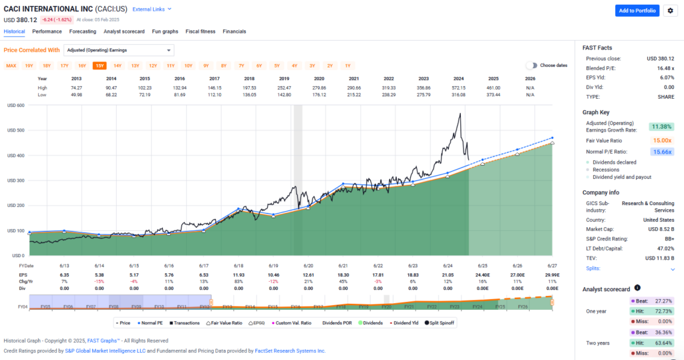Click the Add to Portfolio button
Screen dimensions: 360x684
pyautogui.click(x=637, y=10)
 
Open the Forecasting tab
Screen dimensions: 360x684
pyautogui.click(x=83, y=31)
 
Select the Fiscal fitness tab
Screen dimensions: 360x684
pyautogui.click(x=200, y=31)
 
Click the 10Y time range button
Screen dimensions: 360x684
pyautogui.click(x=188, y=65)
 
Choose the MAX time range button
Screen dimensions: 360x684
pyautogui.click(x=11, y=65)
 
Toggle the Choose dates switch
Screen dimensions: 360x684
pyautogui.click(x=532, y=65)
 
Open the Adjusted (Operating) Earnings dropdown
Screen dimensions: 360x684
pyautogui.click(x=119, y=50)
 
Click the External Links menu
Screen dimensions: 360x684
pyautogui.click(x=152, y=9)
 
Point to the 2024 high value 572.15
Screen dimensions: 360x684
pyautogui.click(x=459, y=88)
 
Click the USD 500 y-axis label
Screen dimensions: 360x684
pyautogui.click(x=17, y=130)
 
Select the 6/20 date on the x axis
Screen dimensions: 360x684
pyautogui.click(x=309, y=265)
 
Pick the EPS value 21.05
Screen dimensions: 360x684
pyautogui.click(x=459, y=275)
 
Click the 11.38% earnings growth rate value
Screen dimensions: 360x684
pyautogui.click(x=661, y=126)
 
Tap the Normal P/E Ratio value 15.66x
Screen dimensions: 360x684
pyautogui.click(x=661, y=152)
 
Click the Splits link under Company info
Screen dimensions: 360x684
pyautogui.click(x=593, y=268)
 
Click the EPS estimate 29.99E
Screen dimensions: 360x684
pyautogui.click(x=551, y=275)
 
